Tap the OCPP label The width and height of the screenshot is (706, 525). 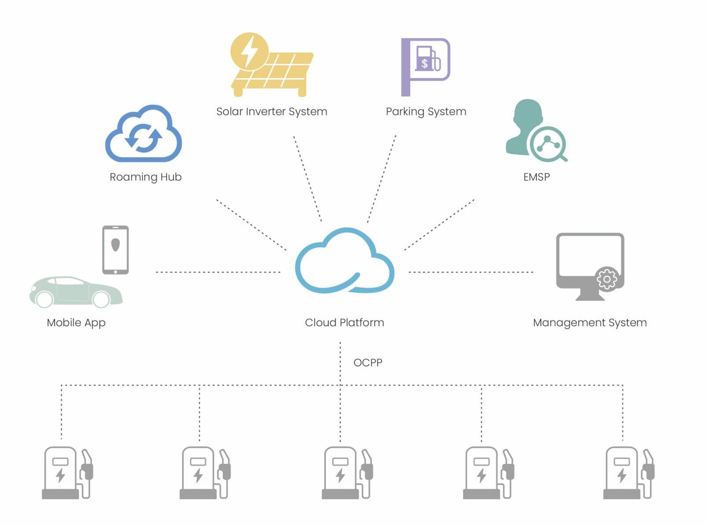click(x=368, y=363)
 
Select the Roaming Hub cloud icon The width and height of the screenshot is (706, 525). click(x=143, y=134)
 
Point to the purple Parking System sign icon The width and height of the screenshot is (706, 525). click(x=425, y=66)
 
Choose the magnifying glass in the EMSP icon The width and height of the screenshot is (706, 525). click(x=548, y=144)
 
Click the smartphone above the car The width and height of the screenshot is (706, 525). click(x=116, y=249)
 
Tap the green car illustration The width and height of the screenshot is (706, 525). click(x=76, y=292)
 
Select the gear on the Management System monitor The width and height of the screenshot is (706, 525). click(x=607, y=279)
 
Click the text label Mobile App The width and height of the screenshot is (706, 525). click(x=76, y=323)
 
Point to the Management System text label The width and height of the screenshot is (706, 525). click(x=590, y=323)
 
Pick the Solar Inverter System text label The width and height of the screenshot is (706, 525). click(x=271, y=112)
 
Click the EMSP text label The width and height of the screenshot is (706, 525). click(x=536, y=177)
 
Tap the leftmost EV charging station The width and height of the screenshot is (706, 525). click(x=67, y=473)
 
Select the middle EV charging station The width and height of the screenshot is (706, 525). click(x=347, y=473)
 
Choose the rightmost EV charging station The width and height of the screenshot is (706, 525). click(x=628, y=473)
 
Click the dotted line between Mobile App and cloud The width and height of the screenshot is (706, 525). click(x=218, y=272)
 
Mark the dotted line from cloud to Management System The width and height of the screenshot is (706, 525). click(x=471, y=272)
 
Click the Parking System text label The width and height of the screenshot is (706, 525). click(x=426, y=112)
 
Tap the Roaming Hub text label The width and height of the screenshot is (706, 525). click(x=146, y=177)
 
